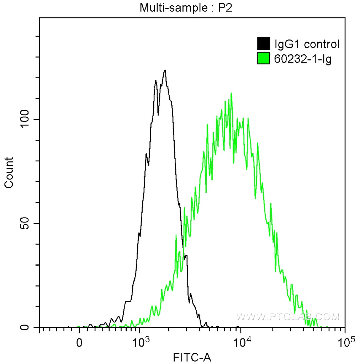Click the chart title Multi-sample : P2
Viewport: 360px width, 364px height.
pos(186,8)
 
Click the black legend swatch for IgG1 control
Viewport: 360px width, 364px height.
pos(263,44)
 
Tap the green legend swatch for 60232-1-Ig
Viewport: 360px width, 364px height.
pos(263,59)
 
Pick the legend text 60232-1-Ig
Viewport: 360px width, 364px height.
pos(303,59)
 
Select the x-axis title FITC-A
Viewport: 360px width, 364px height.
pos(192,357)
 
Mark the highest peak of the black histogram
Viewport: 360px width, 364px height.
pos(165,70)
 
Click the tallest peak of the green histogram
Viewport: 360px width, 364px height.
pos(232,94)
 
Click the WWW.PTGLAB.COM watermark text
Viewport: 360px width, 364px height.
pos(288,316)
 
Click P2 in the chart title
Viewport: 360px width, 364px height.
pos(225,8)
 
